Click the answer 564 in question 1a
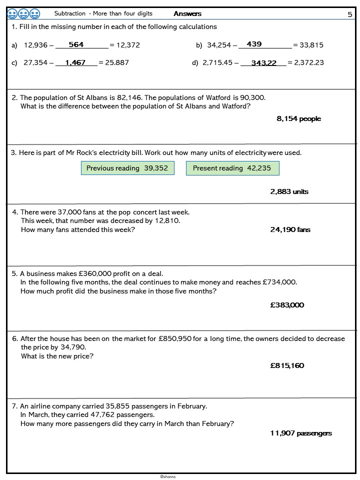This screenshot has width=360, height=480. [x=76, y=44]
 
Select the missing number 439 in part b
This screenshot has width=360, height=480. [x=254, y=44]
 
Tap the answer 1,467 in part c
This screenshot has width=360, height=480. [x=75, y=62]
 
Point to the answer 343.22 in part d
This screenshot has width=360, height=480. [x=264, y=63]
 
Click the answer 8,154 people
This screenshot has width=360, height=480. [x=298, y=118]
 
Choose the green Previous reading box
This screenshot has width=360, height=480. [x=127, y=168]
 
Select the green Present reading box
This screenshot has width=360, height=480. [x=232, y=168]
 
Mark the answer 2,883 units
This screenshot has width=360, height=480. [x=289, y=191]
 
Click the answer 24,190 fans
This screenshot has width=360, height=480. [x=290, y=229]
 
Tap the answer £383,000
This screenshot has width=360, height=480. [x=287, y=305]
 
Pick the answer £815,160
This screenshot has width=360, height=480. [x=287, y=365]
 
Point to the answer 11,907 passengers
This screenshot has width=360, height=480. [x=300, y=433]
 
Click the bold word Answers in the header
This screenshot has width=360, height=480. [x=187, y=13]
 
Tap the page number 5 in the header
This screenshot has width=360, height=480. [x=350, y=14]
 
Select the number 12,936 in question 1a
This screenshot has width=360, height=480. [x=35, y=45]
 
